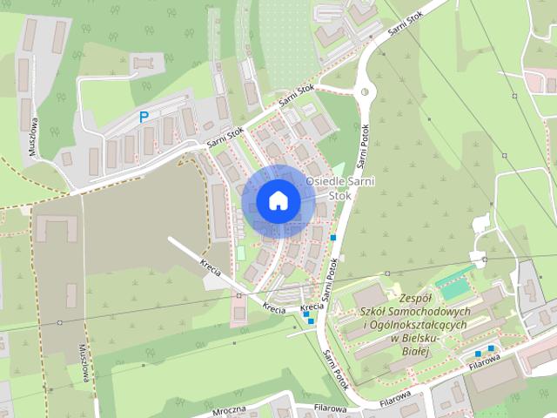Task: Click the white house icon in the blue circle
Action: point(277,200)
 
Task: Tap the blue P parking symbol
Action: point(144,116)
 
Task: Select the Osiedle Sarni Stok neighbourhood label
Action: point(330,187)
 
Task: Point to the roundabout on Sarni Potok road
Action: point(363,90)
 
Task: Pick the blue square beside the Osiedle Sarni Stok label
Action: point(333,237)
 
